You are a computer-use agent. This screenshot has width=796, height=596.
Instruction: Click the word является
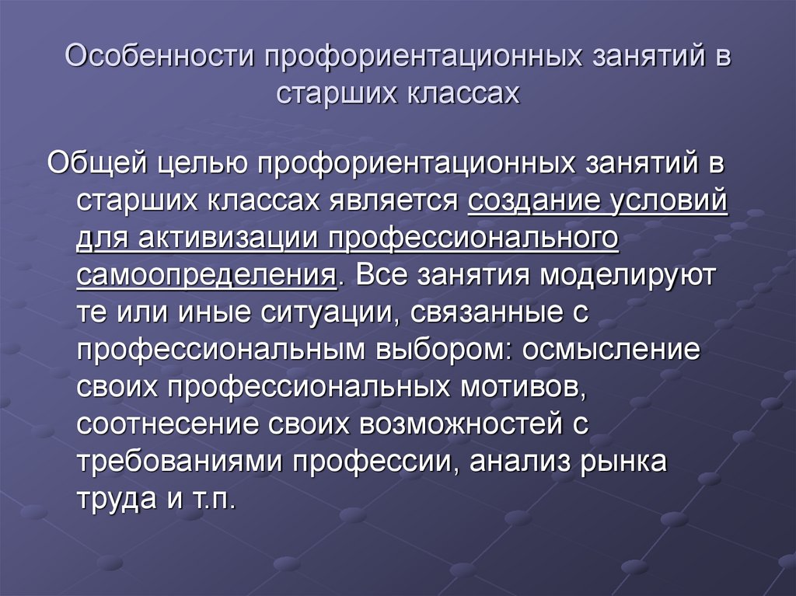click(396, 201)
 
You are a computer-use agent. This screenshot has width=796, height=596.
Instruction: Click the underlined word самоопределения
click(206, 276)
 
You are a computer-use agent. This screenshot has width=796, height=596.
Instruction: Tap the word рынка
click(623, 462)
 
